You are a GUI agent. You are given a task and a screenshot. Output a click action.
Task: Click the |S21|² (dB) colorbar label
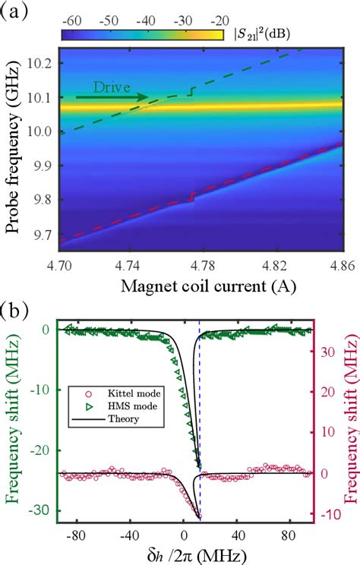click(258, 35)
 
